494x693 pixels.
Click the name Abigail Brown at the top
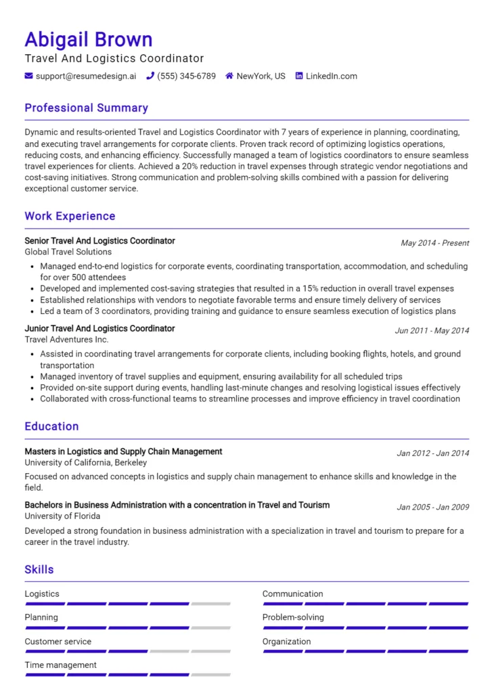(89, 39)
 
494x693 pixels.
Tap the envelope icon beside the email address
(29, 76)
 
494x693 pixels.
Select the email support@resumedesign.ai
(85, 76)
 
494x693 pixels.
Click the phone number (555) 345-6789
(186, 76)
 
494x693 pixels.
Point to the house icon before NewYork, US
(229, 76)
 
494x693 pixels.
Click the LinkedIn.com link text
(331, 76)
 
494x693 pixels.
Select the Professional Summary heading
(86, 108)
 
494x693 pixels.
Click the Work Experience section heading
(70, 217)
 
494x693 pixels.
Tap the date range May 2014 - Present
(434, 243)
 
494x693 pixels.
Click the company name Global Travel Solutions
(68, 252)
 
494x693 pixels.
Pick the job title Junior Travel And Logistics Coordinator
(99, 328)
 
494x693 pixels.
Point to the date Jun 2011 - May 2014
(432, 331)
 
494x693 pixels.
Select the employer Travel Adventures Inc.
(66, 339)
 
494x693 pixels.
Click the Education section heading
(51, 426)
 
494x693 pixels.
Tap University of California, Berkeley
(85, 463)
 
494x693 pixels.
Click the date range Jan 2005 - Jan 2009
(432, 507)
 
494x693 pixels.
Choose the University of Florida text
(62, 516)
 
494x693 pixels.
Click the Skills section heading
(39, 570)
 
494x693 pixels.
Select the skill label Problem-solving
(293, 617)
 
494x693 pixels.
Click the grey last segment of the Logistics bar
(210, 604)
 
